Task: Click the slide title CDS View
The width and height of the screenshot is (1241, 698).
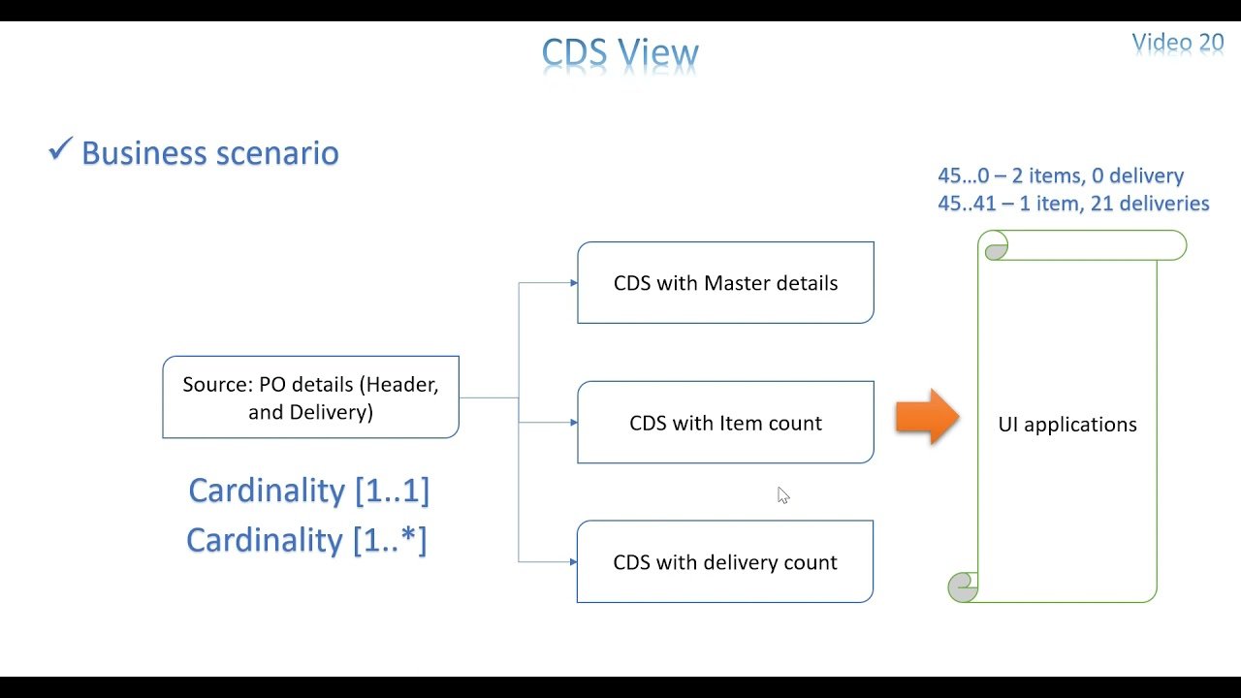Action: click(x=620, y=53)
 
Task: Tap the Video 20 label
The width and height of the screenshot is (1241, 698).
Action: click(x=1178, y=43)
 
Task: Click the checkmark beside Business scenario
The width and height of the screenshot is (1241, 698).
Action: click(x=60, y=150)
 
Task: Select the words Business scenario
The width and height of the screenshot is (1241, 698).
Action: click(x=209, y=153)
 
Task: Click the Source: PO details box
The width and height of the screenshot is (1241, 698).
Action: click(x=310, y=397)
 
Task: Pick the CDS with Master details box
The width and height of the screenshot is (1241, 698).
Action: click(x=725, y=283)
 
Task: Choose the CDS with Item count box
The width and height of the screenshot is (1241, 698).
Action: click(x=725, y=423)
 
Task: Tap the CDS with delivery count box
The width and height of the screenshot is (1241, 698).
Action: click(x=725, y=562)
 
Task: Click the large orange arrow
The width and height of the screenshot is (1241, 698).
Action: click(x=926, y=417)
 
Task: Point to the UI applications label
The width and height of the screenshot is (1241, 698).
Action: click(x=1067, y=425)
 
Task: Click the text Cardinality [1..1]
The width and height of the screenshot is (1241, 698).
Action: click(x=308, y=491)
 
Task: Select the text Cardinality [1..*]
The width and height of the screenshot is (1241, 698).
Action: click(x=306, y=540)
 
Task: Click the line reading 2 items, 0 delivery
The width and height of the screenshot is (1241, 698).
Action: click(x=1061, y=176)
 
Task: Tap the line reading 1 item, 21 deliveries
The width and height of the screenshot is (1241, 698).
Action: click(x=1073, y=204)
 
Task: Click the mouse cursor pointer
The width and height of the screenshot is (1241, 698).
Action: click(x=782, y=495)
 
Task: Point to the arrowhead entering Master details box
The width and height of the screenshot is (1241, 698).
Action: click(x=573, y=283)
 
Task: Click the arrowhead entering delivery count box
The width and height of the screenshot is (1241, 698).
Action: click(x=573, y=562)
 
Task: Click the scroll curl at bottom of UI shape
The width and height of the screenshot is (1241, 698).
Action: click(x=963, y=586)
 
